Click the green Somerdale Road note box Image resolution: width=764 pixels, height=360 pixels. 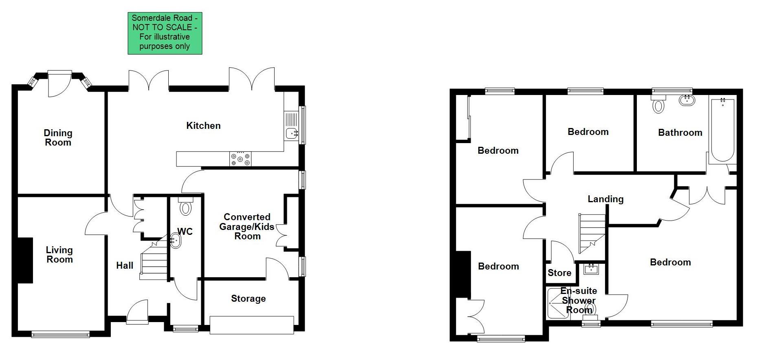tap(165, 33)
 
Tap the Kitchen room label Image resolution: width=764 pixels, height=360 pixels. tap(203, 126)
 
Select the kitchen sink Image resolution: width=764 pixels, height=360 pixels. tap(292, 133)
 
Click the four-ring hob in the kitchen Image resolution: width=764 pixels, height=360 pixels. tap(240, 159)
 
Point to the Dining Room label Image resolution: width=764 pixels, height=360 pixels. tap(58, 137)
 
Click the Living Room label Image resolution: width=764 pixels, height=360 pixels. tap(59, 254)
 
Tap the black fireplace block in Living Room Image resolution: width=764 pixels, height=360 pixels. tap(25, 260)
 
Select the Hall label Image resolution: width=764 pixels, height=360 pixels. tap(125, 265)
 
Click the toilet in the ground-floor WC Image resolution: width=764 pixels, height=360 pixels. tap(186, 207)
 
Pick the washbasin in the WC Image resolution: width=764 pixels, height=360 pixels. tap(176, 240)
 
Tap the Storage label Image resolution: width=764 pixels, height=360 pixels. tap(248, 298)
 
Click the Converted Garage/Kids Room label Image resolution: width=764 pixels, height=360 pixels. tap(247, 226)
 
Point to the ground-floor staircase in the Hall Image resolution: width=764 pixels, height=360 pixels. tap(154, 261)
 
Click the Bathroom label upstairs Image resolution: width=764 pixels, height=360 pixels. tap(680, 133)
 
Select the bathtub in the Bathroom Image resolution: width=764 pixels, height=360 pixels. tap(722, 130)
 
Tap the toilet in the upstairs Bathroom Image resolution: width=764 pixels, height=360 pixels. tap(658, 105)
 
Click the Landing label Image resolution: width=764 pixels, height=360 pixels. tap(605, 199)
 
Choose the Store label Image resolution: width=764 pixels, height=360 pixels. tap(559, 273)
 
